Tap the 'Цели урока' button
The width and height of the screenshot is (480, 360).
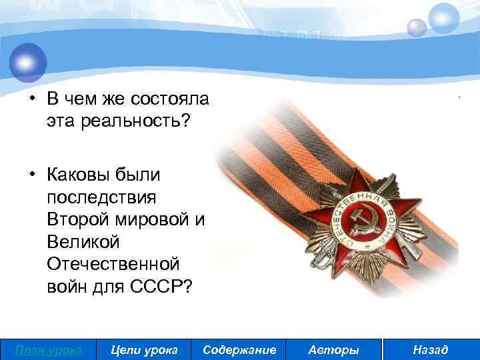tap(143, 350)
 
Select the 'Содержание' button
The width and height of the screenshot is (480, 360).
tap(239, 350)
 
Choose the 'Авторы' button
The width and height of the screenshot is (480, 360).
tap(334, 350)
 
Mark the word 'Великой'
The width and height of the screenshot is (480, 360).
tap(77, 240)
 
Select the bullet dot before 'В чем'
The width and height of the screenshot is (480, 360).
tap(31, 99)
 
